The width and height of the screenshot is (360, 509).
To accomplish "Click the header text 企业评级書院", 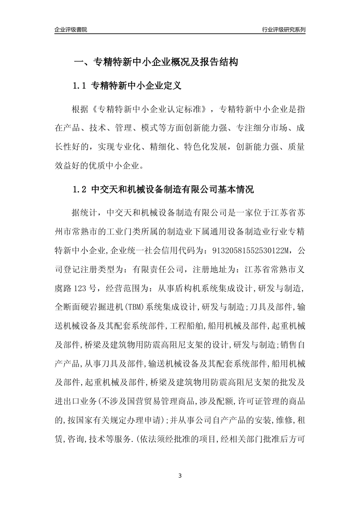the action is coord(71,30).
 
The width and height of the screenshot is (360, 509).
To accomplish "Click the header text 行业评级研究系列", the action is coord(283,30).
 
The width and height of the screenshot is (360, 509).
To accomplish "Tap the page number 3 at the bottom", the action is coord(180,476).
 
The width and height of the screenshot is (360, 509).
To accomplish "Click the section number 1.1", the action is coord(80,86).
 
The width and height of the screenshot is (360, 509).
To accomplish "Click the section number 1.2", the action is coord(80,189).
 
